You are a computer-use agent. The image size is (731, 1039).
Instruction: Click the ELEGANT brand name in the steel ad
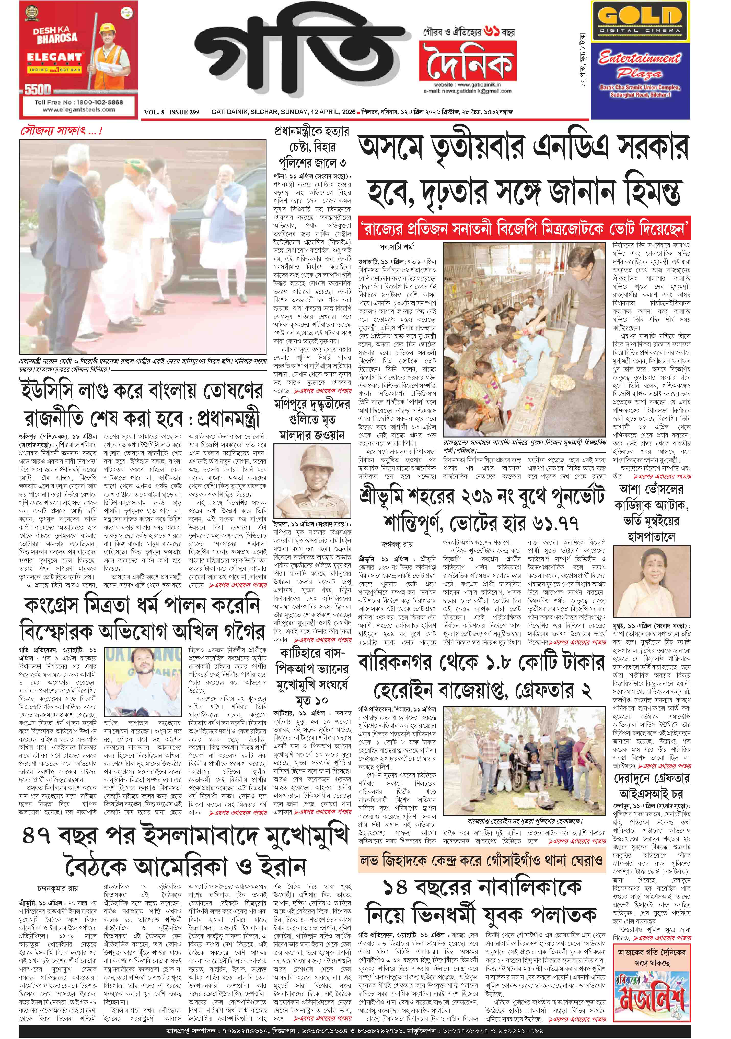(x=54, y=57)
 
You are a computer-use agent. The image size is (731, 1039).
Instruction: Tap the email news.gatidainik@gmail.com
(x=468, y=91)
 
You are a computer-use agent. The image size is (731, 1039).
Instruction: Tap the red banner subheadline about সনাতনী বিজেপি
(x=524, y=230)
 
